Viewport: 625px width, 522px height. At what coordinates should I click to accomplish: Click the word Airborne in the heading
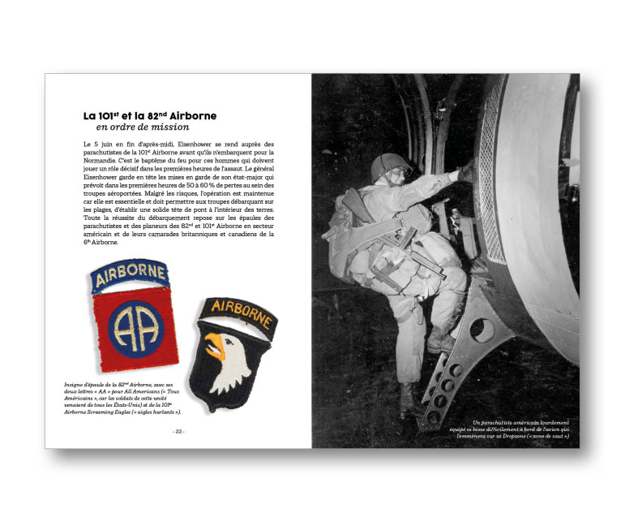click(x=193, y=115)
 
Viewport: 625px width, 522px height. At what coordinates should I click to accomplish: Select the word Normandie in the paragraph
click(x=101, y=161)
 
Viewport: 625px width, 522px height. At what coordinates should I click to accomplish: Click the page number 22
click(x=178, y=432)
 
